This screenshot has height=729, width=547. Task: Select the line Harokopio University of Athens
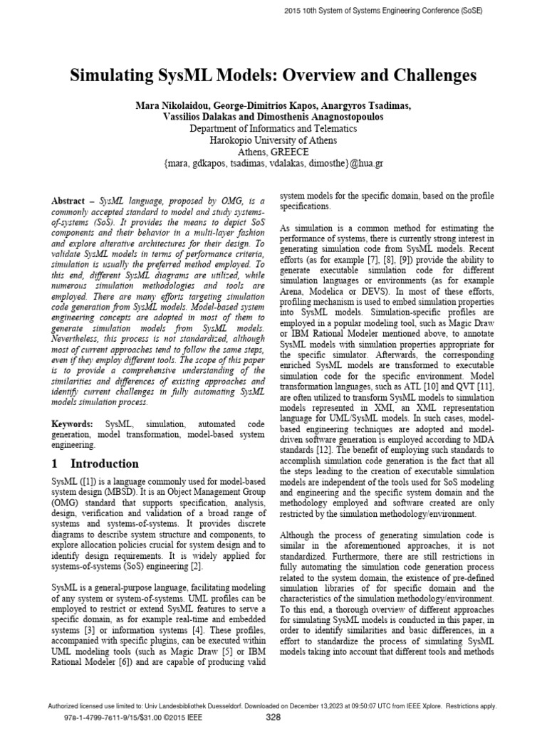point(273,141)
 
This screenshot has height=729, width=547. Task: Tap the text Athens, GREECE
point(273,152)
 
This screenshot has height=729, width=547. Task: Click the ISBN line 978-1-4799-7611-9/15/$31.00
point(128,718)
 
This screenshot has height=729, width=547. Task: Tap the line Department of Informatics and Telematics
point(273,130)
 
